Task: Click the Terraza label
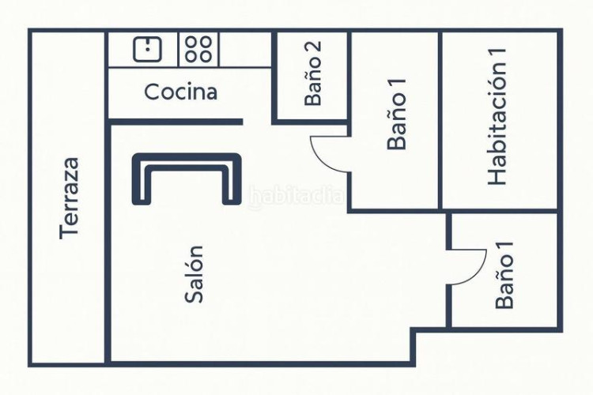[x=70, y=197]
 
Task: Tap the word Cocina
[x=180, y=92]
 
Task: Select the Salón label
[x=195, y=273]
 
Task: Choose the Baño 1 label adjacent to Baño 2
[x=398, y=121]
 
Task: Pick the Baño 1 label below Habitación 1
[x=504, y=275]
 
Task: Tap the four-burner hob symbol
[x=198, y=49]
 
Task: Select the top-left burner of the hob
[x=191, y=43]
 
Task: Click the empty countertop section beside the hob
[x=245, y=49]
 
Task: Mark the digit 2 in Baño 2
[x=313, y=47]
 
